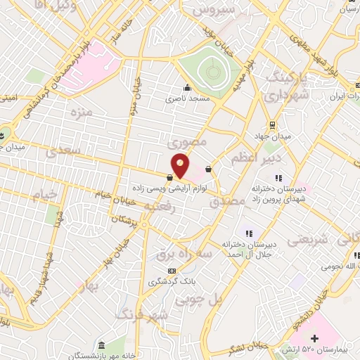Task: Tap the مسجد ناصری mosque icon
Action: (x=187, y=89)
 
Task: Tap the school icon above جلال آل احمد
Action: (x=247, y=233)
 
